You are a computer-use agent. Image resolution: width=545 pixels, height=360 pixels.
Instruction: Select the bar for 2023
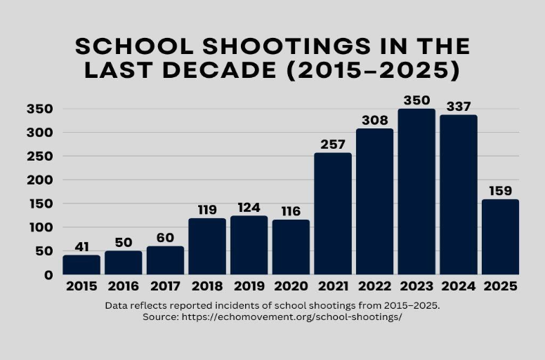416,192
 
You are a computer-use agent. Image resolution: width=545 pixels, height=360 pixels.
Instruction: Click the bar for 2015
81,265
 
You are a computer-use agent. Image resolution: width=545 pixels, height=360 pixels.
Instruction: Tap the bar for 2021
333,213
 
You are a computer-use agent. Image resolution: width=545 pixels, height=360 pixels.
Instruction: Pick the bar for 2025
500,236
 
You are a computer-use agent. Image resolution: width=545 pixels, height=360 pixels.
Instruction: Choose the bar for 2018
207,246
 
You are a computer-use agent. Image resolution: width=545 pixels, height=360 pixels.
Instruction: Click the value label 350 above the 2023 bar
416,100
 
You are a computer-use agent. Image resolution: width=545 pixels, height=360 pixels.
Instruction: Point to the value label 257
333,145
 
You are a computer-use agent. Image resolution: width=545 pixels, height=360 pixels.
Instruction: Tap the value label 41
81,247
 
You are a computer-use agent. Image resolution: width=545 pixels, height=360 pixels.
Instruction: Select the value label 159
500,191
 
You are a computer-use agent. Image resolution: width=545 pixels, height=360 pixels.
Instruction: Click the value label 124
249,208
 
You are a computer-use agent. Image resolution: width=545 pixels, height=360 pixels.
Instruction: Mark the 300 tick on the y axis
40,133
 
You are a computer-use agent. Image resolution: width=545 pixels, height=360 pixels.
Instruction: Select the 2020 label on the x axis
291,286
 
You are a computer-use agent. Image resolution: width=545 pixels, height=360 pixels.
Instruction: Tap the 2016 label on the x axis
123,286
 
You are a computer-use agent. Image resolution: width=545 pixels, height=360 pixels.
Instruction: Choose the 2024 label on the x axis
458,286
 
